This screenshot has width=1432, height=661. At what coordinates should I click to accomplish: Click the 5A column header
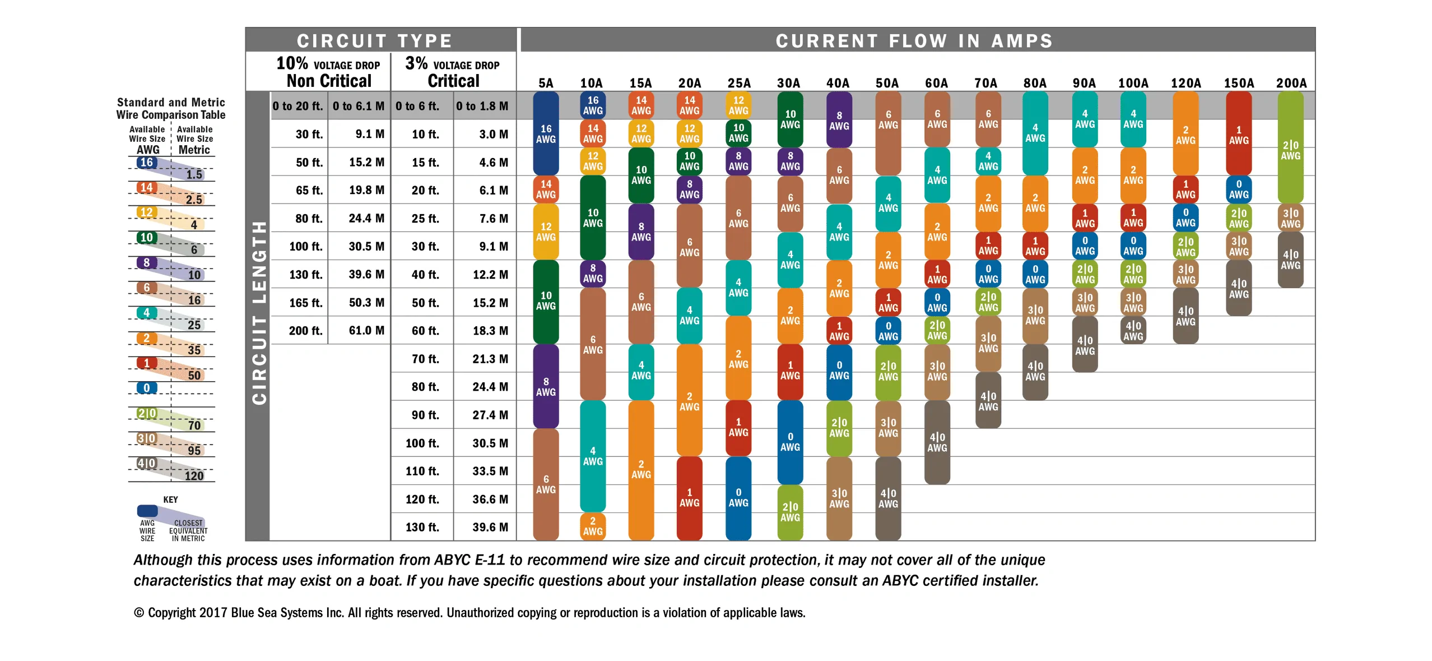[x=545, y=83]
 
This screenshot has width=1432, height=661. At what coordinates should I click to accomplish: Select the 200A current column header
[x=1291, y=83]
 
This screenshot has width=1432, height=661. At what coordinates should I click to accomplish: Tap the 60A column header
[x=936, y=83]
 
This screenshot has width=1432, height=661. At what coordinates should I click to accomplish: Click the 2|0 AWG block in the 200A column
[x=1290, y=147]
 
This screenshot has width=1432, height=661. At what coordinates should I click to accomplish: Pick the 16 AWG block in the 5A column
[x=546, y=133]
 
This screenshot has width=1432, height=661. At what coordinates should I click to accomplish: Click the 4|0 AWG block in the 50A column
[x=888, y=498]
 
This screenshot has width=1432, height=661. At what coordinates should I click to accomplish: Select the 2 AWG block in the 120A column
[x=1185, y=133]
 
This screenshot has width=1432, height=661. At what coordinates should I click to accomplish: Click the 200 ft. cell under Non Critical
[x=306, y=331]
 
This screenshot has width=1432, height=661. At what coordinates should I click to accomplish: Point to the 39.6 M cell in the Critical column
[x=490, y=528]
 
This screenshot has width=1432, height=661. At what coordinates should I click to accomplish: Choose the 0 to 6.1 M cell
[x=359, y=106]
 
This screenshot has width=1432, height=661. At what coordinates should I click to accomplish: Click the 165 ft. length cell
[x=306, y=303]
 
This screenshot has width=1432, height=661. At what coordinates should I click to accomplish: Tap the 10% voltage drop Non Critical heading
[x=329, y=72]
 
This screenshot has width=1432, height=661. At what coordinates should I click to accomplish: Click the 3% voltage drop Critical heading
[x=453, y=72]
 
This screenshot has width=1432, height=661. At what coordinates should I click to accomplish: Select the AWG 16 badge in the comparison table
[x=146, y=163]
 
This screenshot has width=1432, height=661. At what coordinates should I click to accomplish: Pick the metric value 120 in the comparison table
[x=194, y=476]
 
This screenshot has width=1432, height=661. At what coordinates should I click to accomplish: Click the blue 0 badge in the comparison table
[x=146, y=388]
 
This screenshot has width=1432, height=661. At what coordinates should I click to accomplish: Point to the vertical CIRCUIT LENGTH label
[x=259, y=313]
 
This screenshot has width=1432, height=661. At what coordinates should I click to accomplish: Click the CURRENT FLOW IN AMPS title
[x=914, y=41]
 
